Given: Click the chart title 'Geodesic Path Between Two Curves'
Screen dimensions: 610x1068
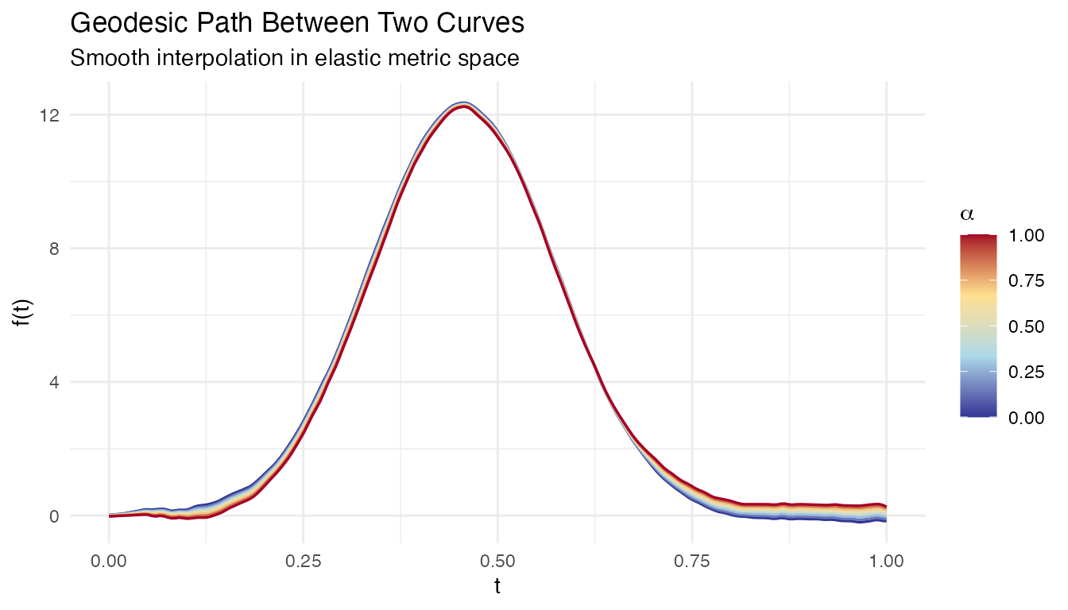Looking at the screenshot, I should [297, 23].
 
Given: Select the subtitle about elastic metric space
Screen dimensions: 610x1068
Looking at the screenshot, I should [295, 58].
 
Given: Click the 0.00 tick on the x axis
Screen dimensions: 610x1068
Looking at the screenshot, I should [109, 561].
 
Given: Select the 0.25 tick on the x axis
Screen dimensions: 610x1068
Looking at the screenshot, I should [304, 561].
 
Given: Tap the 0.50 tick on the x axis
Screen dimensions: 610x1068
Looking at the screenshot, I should [497, 561].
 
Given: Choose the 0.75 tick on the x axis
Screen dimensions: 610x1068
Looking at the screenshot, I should [692, 561].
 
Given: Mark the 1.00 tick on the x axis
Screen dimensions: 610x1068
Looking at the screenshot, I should [886, 561].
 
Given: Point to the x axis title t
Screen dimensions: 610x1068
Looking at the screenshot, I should [497, 587].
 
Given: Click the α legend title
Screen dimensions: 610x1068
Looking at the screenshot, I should [966, 214].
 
